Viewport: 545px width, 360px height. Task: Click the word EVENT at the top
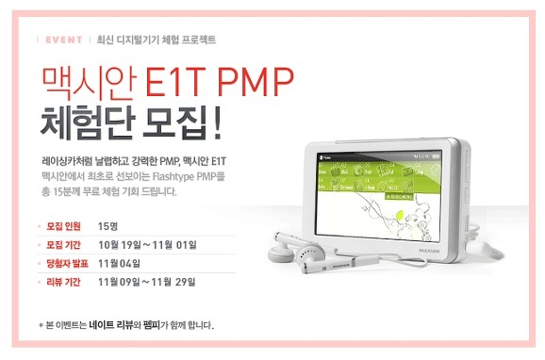point(62,40)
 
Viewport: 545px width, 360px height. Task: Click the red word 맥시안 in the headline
point(91,83)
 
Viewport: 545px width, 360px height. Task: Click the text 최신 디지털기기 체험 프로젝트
point(157,40)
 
